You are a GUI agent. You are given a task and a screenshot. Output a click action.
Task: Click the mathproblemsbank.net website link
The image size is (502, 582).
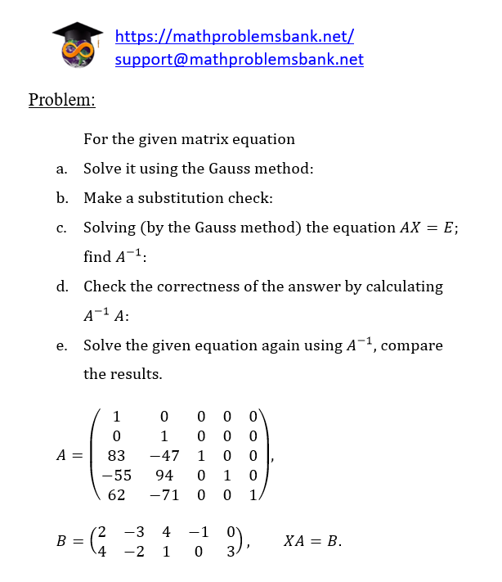tap(234, 36)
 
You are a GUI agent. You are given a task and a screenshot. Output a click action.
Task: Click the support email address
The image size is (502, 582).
tap(239, 59)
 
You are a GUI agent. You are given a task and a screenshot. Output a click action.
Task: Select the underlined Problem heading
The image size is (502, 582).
tap(61, 100)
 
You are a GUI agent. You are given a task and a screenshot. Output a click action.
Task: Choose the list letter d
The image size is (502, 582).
tap(61, 286)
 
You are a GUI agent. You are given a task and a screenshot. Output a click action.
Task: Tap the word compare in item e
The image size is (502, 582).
tap(412, 345)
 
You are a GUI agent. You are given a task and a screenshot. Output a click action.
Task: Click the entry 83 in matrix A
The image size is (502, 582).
tap(116, 453)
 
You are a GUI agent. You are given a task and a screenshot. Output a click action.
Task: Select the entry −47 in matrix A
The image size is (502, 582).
tap(164, 453)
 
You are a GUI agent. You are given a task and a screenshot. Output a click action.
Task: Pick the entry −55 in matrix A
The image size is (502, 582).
tap(116, 474)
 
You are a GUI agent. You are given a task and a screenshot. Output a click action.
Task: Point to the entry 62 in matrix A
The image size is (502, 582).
tap(116, 494)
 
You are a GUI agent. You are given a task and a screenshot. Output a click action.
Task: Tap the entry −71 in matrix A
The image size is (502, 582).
tap(164, 494)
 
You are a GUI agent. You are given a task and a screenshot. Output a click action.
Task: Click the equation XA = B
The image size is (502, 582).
tap(312, 541)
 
